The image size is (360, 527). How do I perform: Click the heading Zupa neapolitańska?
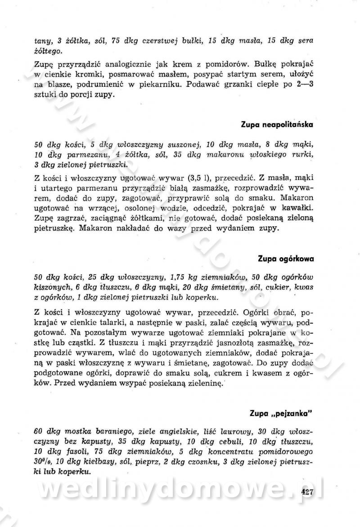pyautogui.click(x=277, y=124)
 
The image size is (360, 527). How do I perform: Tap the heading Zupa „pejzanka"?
pyautogui.click(x=281, y=412)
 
